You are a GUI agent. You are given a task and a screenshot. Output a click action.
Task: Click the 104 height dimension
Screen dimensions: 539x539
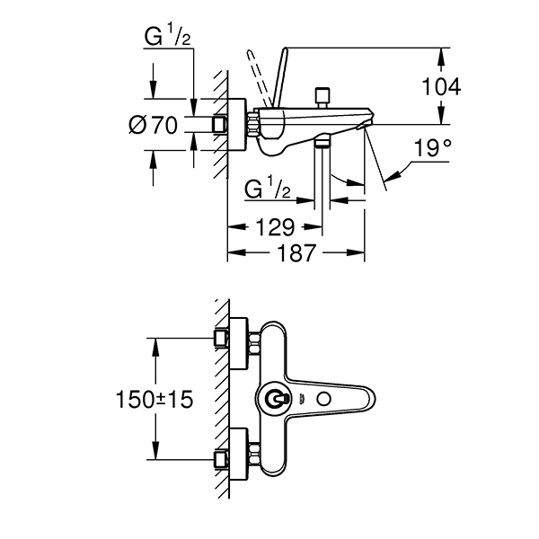pyautogui.click(x=441, y=86)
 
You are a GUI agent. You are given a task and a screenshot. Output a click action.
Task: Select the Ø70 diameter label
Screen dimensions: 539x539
pyautogui.click(x=153, y=125)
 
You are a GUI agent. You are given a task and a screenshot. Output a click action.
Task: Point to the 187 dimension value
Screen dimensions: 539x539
pyautogui.click(x=296, y=254)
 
